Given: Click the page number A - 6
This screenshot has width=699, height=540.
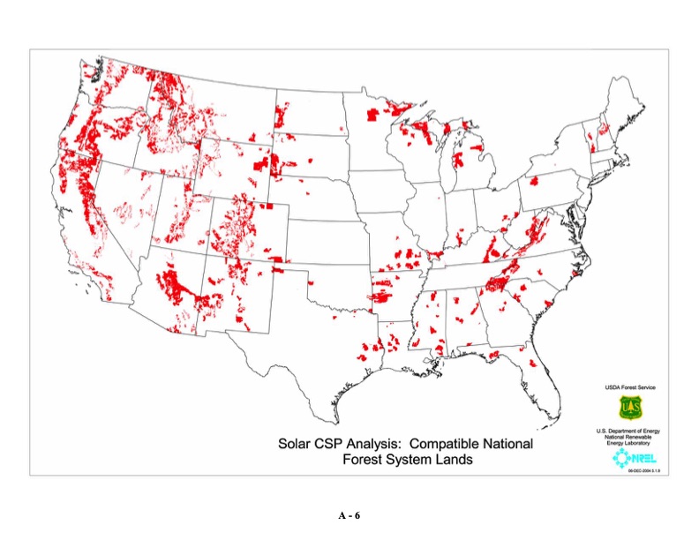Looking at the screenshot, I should point(349,514).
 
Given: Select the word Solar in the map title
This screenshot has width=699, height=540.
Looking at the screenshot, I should point(297,443).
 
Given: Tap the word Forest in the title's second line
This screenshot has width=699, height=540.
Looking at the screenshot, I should point(365,459).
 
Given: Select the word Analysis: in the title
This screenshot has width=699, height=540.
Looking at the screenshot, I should point(383,443).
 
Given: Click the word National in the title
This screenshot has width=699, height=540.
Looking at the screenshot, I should point(507,443).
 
